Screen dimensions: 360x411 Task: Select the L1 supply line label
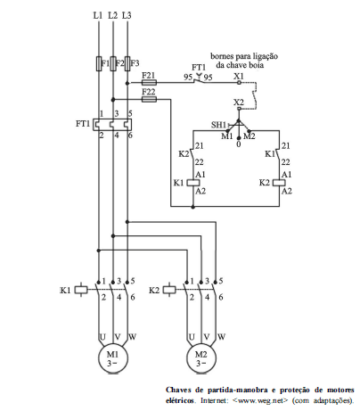click(98, 15)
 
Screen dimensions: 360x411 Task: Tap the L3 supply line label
click(127, 15)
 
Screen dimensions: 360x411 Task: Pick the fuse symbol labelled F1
click(99, 63)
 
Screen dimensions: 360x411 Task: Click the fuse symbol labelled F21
click(149, 82)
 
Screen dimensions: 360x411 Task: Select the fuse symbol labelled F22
click(149, 99)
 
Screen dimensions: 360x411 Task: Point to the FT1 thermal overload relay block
click(112, 125)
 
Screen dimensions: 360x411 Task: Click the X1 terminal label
click(238, 76)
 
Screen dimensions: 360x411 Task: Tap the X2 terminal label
click(238, 103)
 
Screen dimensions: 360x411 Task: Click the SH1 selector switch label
click(218, 125)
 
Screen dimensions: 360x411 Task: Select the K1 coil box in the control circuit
click(193, 183)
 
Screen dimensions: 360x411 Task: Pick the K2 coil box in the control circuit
click(279, 183)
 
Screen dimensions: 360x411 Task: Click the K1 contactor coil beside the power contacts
click(81, 290)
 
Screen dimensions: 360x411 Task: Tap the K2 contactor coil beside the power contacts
click(169, 290)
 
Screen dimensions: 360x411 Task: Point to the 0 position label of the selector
click(239, 144)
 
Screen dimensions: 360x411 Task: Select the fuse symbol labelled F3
click(127, 63)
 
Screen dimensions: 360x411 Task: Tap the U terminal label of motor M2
click(192, 337)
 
